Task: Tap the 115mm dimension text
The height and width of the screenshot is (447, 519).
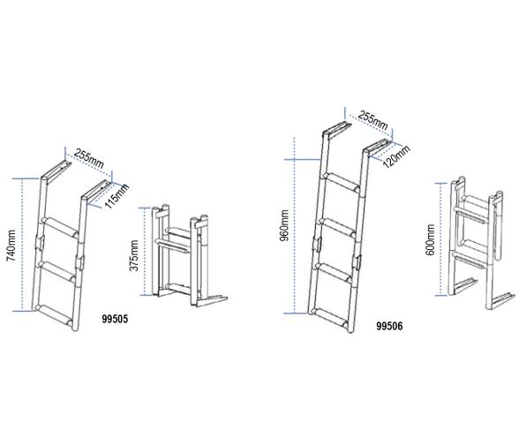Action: (117, 192)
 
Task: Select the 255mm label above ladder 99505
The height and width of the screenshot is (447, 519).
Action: (89, 158)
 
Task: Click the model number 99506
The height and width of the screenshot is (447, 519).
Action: (389, 325)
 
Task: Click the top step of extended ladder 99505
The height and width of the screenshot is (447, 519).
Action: (61, 227)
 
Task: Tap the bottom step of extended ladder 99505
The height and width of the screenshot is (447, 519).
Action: (56, 305)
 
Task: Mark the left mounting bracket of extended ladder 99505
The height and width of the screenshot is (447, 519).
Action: (55, 166)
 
